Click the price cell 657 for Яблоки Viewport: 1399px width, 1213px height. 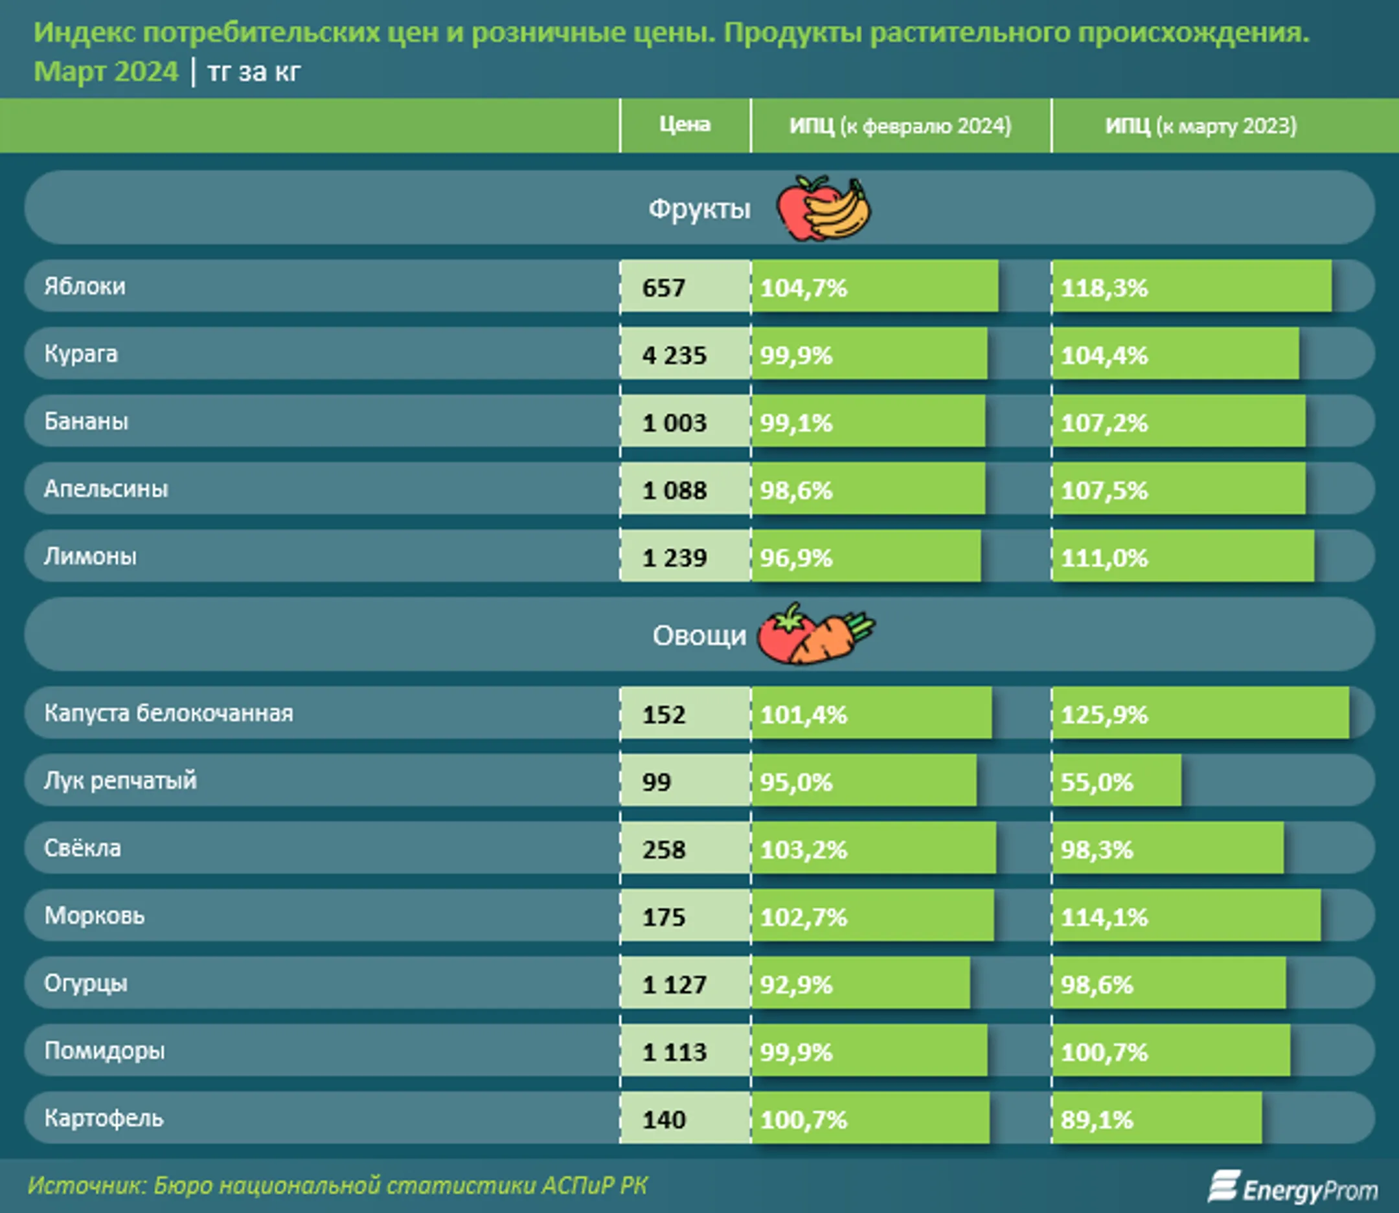684,287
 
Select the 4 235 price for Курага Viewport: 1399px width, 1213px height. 684,355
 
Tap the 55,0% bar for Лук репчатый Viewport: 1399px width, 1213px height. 1116,781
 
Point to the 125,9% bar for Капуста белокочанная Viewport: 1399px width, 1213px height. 1200,714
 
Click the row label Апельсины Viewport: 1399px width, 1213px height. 106,489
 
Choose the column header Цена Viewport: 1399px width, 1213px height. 685,125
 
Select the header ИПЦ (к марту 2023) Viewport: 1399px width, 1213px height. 1201,126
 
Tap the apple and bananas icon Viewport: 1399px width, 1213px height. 823,208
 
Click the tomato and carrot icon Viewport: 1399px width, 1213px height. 815,634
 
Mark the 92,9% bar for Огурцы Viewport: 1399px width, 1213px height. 860,983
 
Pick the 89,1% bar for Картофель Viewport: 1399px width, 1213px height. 1157,1119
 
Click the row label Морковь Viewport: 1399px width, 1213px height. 94,916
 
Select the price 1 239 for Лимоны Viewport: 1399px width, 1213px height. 684,558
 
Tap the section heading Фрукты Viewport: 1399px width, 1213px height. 699,208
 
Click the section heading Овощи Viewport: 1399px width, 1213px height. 699,635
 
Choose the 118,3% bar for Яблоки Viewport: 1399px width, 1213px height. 1191,287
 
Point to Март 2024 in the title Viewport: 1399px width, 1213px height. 106,72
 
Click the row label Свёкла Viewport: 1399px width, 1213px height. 83,848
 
